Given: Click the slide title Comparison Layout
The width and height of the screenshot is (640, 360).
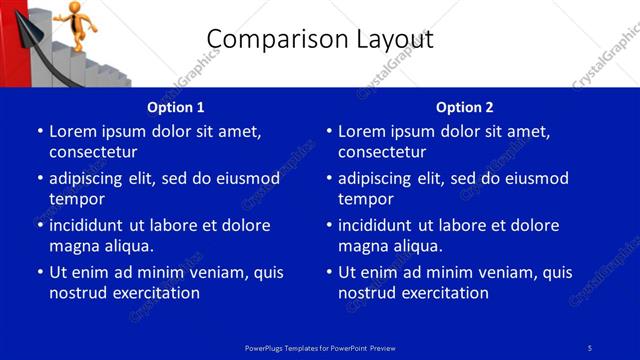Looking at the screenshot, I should pyautogui.click(x=319, y=40).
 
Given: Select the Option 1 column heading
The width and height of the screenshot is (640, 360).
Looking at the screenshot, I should pyautogui.click(x=176, y=107).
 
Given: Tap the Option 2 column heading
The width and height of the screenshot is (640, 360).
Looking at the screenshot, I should pyautogui.click(x=465, y=107).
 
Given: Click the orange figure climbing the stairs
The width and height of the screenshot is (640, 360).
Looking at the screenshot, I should pyautogui.click(x=77, y=20).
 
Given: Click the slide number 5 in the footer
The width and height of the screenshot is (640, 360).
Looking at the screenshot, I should pyautogui.click(x=590, y=347).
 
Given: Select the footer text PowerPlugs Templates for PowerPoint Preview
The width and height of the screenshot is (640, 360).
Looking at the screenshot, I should pyautogui.click(x=319, y=347).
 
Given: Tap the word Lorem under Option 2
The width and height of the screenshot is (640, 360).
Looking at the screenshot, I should pyautogui.click(x=361, y=131).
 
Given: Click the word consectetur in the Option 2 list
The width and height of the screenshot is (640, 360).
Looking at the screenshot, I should pyautogui.click(x=382, y=152).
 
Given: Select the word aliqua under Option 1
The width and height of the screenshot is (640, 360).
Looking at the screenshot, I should pyautogui.click(x=127, y=246).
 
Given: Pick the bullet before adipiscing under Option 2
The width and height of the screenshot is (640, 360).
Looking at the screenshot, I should pyautogui.click(x=329, y=179).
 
